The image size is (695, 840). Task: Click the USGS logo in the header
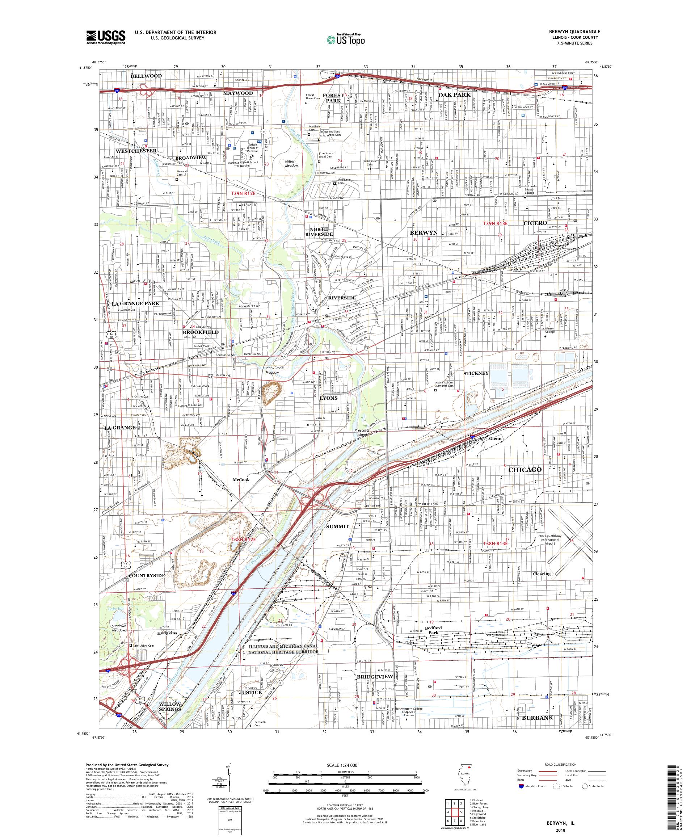pyautogui.click(x=106, y=38)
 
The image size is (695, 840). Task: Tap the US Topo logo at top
pyautogui.click(x=346, y=39)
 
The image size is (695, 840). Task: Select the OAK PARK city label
pyautogui.click(x=454, y=95)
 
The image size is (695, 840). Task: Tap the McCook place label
pyautogui.click(x=241, y=480)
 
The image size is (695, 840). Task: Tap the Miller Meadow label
pyautogui.click(x=292, y=163)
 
